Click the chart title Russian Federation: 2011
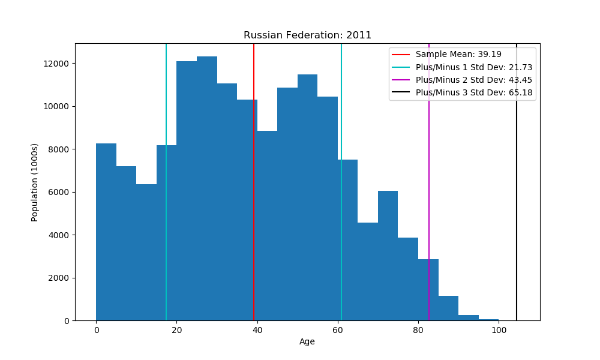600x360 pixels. coord(307,35)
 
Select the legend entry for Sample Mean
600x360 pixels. coord(458,54)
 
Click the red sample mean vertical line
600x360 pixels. coord(254,180)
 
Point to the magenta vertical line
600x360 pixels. coord(429,180)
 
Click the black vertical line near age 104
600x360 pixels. coord(517,180)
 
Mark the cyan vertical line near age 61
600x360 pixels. coord(341,180)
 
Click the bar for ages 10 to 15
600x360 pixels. coord(146,252)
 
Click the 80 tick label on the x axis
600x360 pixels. coord(418,330)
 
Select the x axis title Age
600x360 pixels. coord(307,342)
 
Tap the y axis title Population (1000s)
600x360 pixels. coord(35,182)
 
